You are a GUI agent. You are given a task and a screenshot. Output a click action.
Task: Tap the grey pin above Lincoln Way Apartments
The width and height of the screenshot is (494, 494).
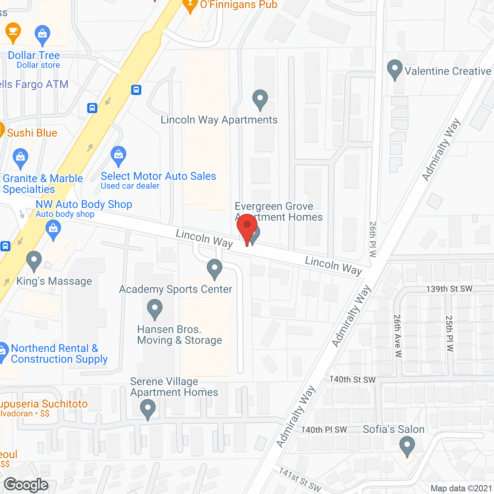coord(260,100)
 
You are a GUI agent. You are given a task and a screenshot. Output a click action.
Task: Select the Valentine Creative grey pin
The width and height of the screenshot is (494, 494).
coord(394,69)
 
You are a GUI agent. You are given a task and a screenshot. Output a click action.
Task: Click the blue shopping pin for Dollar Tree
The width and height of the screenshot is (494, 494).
coord(42,35)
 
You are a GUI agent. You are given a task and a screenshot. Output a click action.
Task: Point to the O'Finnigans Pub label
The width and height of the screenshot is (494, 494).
coord(239,5)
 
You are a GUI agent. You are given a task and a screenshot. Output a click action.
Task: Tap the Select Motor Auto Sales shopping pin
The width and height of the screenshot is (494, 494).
coord(118,156)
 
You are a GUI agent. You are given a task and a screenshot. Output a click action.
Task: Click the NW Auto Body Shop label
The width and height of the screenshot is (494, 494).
coord(84,204)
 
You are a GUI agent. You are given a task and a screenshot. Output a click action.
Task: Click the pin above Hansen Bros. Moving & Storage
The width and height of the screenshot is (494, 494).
coord(155,310)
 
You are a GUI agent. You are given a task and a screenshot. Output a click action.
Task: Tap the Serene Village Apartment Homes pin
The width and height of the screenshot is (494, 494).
coord(147,409)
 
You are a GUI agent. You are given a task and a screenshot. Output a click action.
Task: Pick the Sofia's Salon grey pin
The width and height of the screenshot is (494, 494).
coord(407,446)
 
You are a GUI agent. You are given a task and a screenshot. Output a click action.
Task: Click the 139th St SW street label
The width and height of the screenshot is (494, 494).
coord(449,289)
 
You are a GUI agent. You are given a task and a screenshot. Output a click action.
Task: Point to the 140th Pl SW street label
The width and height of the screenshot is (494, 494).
coord(324,430)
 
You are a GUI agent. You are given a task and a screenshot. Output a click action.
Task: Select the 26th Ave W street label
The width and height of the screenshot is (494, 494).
coord(398,336)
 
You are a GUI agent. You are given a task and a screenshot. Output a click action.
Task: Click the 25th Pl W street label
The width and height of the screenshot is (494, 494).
coord(450,333)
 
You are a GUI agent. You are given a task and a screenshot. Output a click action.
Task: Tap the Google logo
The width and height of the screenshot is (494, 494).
coord(26,485)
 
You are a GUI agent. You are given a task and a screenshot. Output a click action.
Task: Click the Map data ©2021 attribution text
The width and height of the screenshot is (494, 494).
coord(461,489)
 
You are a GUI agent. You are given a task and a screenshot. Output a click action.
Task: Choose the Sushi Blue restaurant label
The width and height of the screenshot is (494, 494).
coord(32,133)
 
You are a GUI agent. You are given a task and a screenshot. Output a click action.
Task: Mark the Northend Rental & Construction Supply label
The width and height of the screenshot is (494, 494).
coord(59,354)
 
